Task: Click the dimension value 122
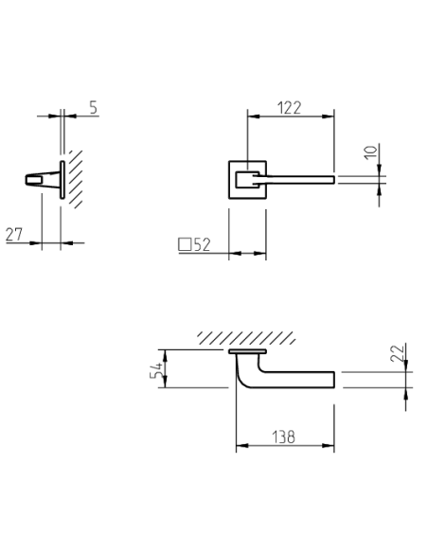coord(289,108)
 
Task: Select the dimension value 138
coord(283,437)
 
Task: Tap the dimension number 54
coord(156,369)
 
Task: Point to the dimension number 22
coord(397,353)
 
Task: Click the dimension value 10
coord(370,152)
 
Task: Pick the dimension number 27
coord(14,235)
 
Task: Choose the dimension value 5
coord(93,108)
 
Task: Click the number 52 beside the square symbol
coord(202,244)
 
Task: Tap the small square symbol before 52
coord(185,244)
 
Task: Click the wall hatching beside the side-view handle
coord(76,179)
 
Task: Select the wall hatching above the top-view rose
coord(246,338)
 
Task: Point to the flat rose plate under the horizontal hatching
coord(247,351)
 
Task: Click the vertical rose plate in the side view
coord(62,180)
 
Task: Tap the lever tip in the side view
coord(27,180)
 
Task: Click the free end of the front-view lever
coord(332,180)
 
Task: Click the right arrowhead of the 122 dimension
coord(329,116)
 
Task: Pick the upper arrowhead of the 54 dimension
coord(165,355)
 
